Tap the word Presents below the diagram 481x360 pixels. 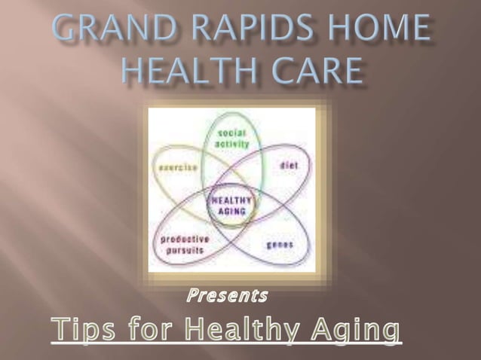[227, 295]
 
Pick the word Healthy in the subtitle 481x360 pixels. [244, 330]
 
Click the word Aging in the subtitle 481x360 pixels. [358, 330]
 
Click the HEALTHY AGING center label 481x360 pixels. [231, 206]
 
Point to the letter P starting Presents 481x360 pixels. [191, 295]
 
